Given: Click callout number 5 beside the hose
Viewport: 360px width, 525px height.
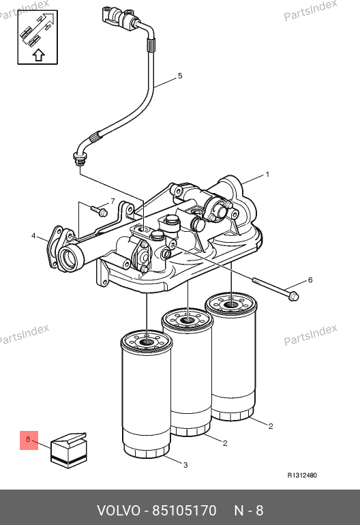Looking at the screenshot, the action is pyautogui.click(x=180, y=76).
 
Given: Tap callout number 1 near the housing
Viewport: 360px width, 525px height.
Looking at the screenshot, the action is pyautogui.click(x=267, y=175).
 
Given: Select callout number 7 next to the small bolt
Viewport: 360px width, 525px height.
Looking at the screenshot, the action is pyautogui.click(x=113, y=201).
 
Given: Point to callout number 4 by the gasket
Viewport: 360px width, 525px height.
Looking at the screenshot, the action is pyautogui.click(x=33, y=236).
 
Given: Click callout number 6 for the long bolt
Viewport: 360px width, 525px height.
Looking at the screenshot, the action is pyautogui.click(x=310, y=280).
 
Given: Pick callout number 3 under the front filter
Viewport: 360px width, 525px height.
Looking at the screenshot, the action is pyautogui.click(x=185, y=465).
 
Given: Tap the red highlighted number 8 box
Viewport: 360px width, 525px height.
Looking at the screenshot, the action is pyautogui.click(x=29, y=440).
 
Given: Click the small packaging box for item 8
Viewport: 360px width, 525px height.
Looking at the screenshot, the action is pyautogui.click(x=69, y=450).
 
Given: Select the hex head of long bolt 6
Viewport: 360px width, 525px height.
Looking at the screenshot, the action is pyautogui.click(x=293, y=297).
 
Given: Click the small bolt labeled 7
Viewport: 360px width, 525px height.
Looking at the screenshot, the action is pyautogui.click(x=99, y=210).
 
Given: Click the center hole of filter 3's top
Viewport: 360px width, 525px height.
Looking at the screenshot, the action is pyautogui.click(x=147, y=342).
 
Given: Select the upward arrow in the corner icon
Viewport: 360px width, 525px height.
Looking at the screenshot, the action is pyautogui.click(x=39, y=55).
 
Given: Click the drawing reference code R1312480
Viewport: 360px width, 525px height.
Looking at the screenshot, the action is pyautogui.click(x=302, y=475).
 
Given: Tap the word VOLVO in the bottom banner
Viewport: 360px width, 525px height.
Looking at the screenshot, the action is pyautogui.click(x=119, y=511).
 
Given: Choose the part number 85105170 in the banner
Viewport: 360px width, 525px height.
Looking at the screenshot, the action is pyautogui.click(x=185, y=511).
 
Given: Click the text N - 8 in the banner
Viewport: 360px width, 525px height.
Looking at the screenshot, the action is pyautogui.click(x=248, y=511).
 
